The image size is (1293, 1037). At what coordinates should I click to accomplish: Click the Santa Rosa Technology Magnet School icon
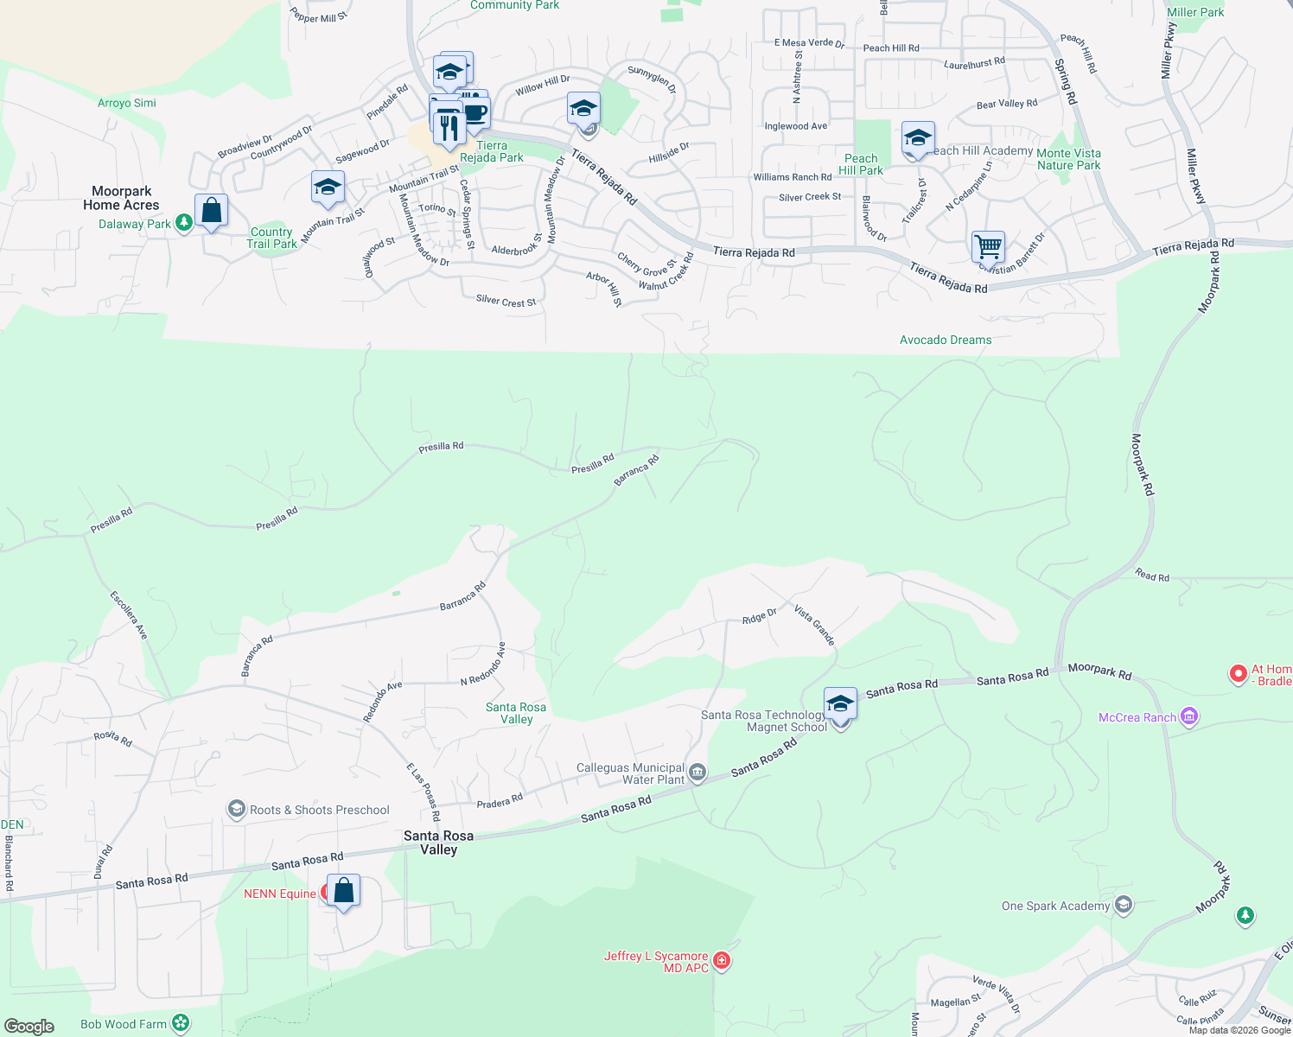click(x=840, y=704)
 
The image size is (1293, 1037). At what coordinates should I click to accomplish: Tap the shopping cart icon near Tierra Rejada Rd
click(x=988, y=246)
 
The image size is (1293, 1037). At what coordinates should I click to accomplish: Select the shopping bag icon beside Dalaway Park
click(x=211, y=210)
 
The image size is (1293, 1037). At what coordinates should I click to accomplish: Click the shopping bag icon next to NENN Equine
click(x=343, y=891)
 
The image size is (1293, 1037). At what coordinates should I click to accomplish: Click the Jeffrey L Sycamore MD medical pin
click(x=722, y=961)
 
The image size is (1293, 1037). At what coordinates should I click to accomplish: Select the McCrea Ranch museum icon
click(x=1189, y=716)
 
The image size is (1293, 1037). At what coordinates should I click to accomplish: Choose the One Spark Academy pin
click(x=1123, y=905)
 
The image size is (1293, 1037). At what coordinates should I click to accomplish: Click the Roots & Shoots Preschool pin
click(x=236, y=809)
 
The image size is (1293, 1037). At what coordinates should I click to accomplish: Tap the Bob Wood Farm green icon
click(x=181, y=1023)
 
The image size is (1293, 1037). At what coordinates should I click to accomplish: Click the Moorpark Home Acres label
click(x=121, y=198)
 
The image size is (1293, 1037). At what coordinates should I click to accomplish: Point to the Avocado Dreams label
click(x=946, y=340)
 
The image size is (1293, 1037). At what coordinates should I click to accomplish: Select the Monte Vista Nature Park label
click(x=1068, y=159)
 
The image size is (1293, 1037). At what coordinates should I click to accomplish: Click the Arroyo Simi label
click(x=126, y=103)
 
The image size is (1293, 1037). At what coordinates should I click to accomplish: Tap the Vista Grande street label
click(x=814, y=626)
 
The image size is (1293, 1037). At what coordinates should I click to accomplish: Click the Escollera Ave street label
click(x=129, y=614)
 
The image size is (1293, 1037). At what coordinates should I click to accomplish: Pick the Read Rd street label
click(x=1151, y=576)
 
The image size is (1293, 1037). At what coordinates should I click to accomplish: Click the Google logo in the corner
click(x=29, y=1027)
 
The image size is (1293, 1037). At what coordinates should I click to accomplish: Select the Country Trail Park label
click(x=271, y=238)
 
